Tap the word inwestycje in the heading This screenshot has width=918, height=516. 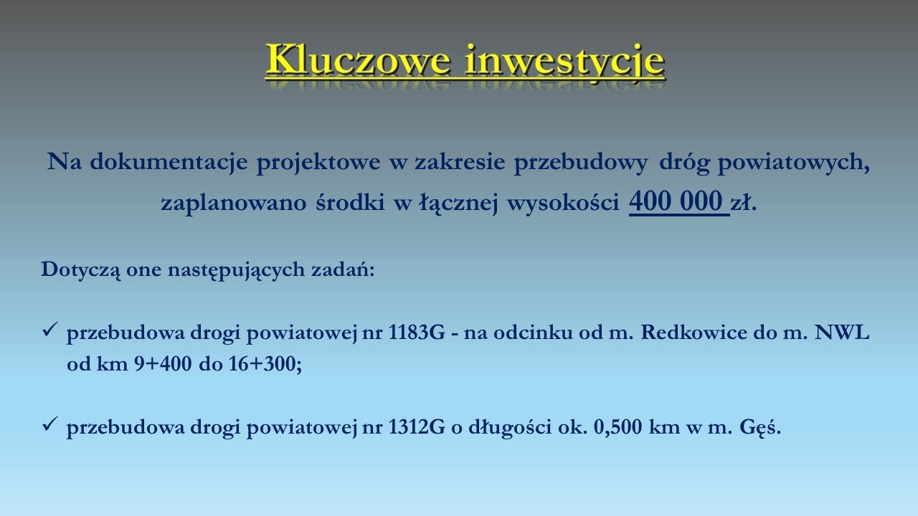pos(564,62)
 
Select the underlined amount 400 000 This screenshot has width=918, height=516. pos(676,201)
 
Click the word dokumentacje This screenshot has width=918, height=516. pos(169,161)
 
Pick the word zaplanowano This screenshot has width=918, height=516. pos(234,203)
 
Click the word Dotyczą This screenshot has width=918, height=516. pos(81,271)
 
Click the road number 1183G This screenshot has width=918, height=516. pos(416,333)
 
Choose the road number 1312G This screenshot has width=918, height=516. pos(416,428)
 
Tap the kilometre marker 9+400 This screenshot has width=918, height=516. pos(163,363)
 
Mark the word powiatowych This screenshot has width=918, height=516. pos(793,163)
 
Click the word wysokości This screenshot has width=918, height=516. pos(563,203)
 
